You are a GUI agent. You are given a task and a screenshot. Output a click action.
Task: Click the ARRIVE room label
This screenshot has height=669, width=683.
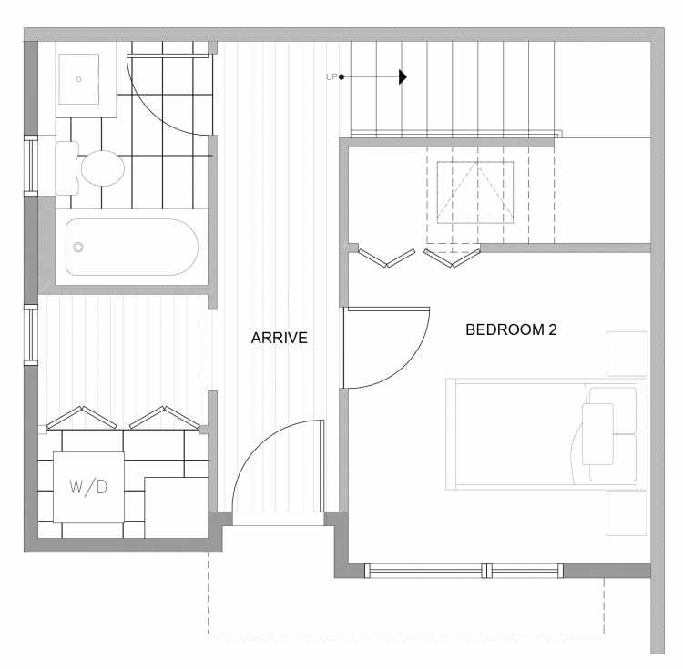point(280,338)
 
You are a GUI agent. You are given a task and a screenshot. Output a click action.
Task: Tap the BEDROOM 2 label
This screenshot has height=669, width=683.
point(511,329)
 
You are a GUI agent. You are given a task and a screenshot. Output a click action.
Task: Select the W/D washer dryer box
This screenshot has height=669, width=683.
point(88,487)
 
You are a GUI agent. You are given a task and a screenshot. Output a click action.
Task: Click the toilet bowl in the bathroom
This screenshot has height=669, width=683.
point(103,168)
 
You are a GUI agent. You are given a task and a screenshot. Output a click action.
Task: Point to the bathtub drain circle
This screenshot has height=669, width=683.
point(78,248)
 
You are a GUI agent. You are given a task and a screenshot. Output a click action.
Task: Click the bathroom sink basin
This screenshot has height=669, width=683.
point(79,79)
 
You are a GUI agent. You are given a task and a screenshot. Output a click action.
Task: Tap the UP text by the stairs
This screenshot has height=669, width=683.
point(331,77)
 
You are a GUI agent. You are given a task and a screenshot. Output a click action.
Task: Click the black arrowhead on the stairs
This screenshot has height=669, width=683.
point(403,77)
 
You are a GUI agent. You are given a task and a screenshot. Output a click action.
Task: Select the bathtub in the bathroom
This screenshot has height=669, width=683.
point(132,247)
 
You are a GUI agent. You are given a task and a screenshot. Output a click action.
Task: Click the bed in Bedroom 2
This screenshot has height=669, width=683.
point(545,434)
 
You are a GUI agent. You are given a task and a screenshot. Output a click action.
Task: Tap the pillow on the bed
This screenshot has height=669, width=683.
point(597,434)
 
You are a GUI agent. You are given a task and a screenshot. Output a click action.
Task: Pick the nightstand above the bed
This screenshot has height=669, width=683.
point(627,353)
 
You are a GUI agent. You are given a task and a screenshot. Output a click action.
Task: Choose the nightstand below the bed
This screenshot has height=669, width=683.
point(627,513)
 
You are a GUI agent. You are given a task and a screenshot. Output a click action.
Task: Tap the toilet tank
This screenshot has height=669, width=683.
point(66,168)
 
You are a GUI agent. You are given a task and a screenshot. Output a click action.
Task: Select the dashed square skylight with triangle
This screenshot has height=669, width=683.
point(475,192)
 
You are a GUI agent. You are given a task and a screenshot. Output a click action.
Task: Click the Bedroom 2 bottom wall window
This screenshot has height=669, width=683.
point(464,571)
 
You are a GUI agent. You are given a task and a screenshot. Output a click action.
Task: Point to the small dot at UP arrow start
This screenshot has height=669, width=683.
point(341,77)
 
